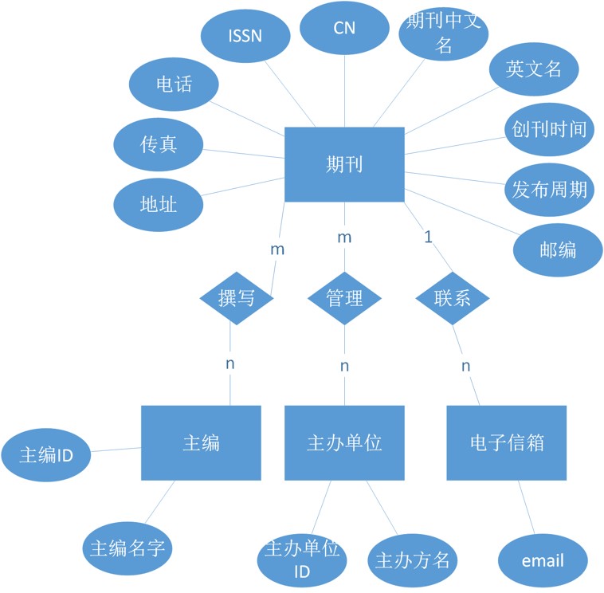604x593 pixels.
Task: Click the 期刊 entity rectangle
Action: point(344,164)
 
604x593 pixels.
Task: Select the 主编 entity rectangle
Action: point(201,443)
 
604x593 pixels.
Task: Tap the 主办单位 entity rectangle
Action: point(344,443)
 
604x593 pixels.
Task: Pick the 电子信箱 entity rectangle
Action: point(507,443)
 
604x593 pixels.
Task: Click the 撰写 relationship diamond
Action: point(237,298)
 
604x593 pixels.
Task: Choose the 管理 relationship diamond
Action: point(344,298)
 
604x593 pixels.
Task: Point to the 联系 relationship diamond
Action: point(453,298)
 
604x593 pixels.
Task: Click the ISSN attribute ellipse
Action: point(245,37)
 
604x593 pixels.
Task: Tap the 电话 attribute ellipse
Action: point(173,83)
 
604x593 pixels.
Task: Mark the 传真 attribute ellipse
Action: point(159,144)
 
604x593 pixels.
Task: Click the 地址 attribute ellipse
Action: point(158,205)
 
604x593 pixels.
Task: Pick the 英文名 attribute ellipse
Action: point(533,69)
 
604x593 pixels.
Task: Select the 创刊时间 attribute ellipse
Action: point(550,129)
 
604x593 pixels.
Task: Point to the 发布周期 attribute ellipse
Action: point(550,190)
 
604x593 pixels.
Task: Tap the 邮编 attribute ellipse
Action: point(558,249)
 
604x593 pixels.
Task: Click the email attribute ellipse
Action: point(543,560)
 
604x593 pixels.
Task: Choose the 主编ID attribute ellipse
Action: point(46,455)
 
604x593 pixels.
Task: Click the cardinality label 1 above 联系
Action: point(428,237)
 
